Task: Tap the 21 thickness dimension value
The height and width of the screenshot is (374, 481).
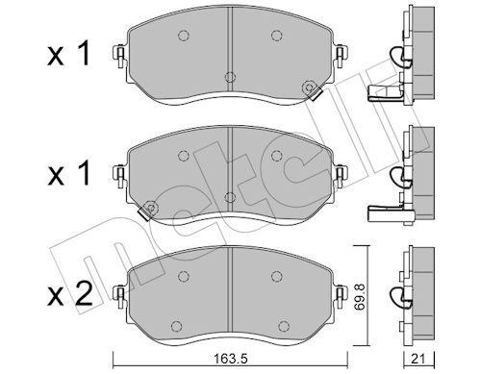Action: [418, 360]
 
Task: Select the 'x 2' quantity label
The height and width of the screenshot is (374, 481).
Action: [69, 293]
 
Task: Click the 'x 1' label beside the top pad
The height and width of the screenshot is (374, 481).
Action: [69, 55]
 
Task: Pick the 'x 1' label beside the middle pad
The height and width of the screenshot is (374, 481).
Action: [69, 173]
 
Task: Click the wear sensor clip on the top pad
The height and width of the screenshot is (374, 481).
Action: [312, 90]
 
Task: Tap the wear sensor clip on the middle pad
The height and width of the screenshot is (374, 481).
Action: [148, 210]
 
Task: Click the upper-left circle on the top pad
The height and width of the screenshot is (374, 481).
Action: [183, 36]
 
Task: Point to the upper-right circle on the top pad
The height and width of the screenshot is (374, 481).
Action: [276, 36]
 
